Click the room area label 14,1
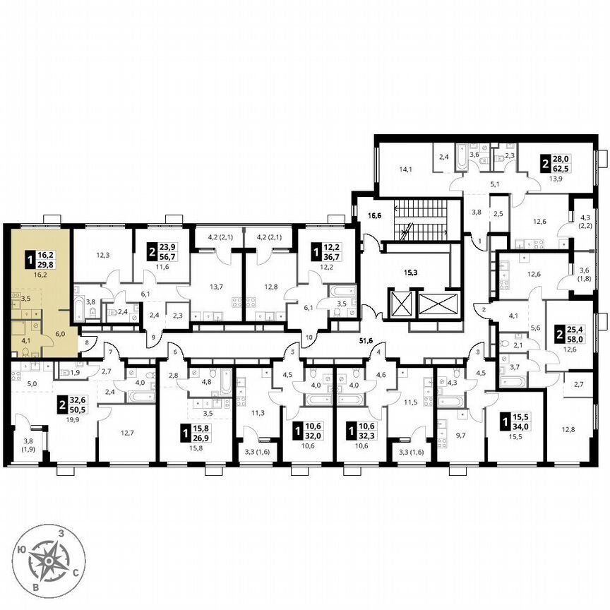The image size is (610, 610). [x=406, y=169]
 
